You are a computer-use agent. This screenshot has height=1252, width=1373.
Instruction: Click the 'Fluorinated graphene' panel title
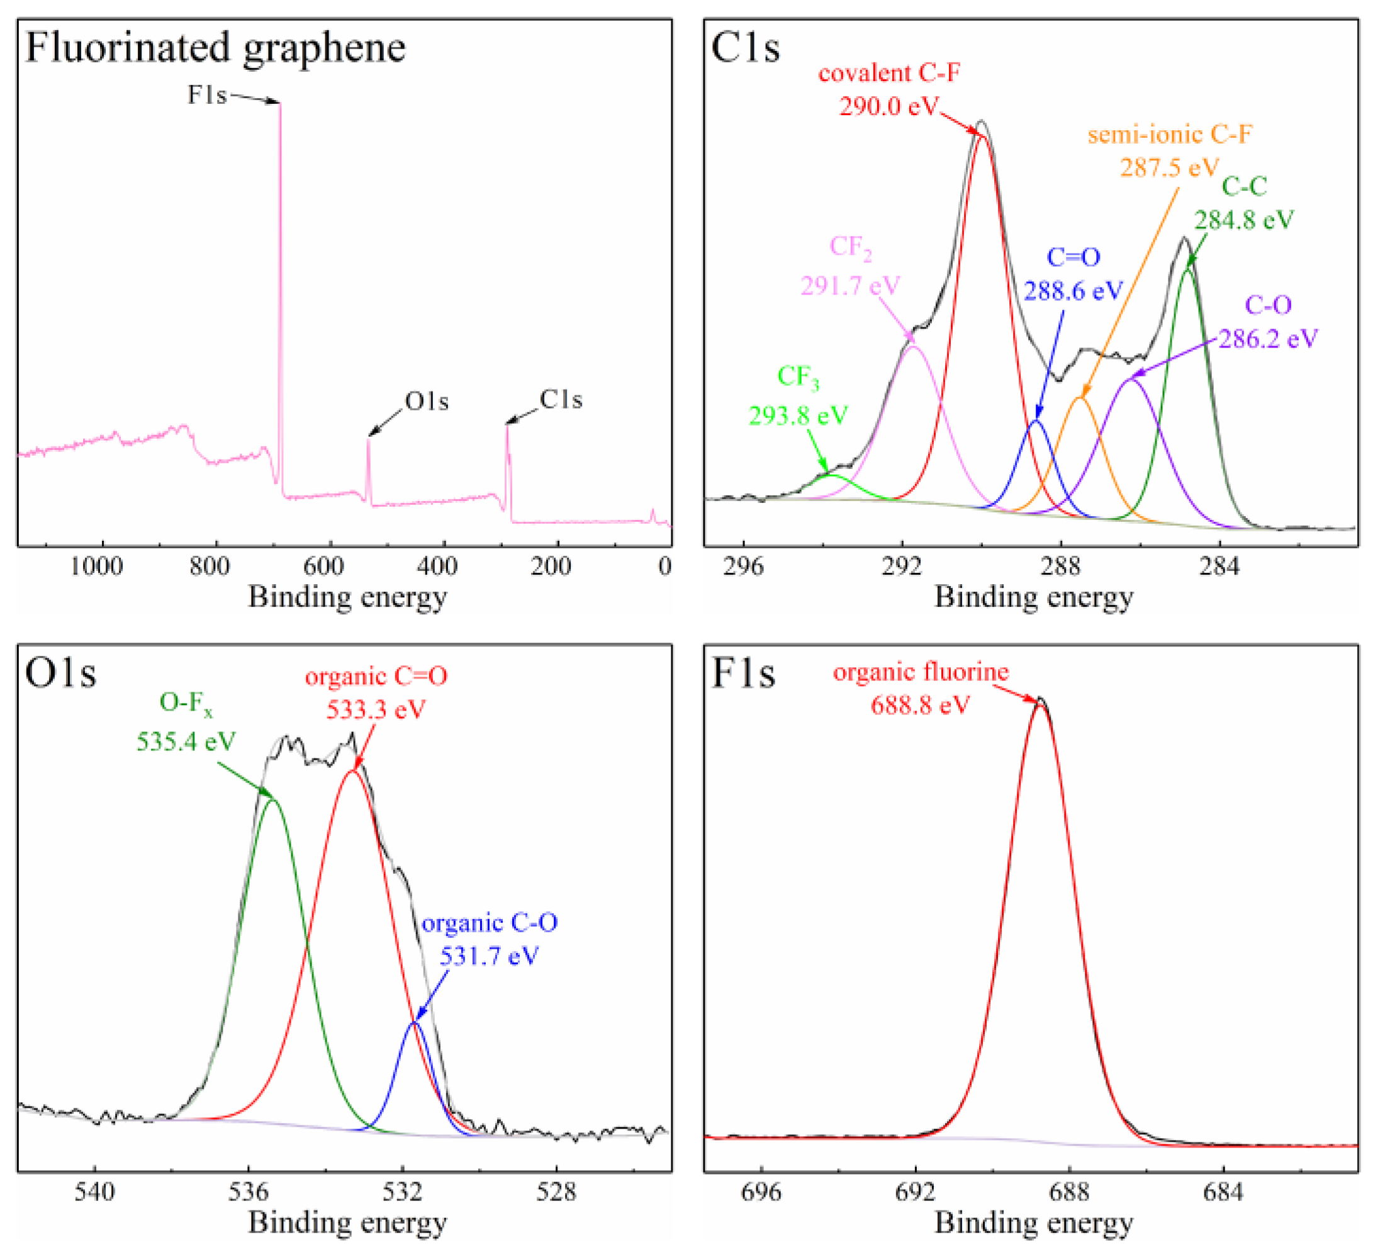(x=215, y=48)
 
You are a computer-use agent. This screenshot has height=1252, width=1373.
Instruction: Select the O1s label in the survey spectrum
(x=427, y=401)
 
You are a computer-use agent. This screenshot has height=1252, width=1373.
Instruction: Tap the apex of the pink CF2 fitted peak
(x=912, y=347)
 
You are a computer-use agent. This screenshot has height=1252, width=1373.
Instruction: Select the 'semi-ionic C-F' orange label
(x=1169, y=135)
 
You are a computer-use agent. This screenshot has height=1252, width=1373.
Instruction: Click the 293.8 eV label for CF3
(x=799, y=415)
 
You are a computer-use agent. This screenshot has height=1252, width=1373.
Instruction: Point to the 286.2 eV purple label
(x=1267, y=339)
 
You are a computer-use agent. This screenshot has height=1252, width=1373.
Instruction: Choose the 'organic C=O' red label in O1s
(x=376, y=677)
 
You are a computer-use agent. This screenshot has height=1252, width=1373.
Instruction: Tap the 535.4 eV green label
(x=186, y=741)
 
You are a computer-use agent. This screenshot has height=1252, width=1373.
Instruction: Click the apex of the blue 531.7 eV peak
(x=414, y=1022)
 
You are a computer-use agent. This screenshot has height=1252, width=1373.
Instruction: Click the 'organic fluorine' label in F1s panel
(x=921, y=672)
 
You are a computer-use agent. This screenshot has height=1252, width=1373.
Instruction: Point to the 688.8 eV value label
(x=920, y=705)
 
